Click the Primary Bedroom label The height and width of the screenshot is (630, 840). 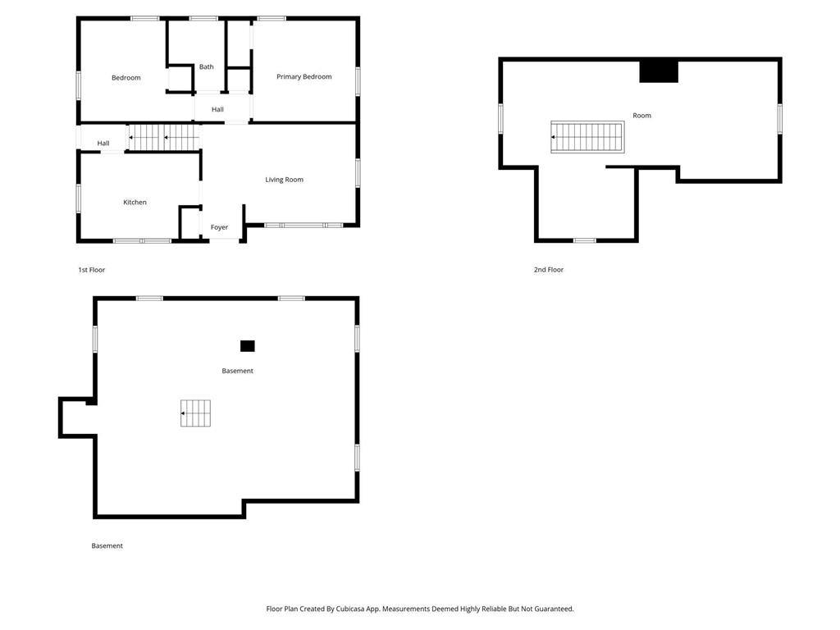point(304,76)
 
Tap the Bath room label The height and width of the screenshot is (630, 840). point(206,67)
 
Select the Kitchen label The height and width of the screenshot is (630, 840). point(135,202)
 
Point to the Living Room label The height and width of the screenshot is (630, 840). point(285,180)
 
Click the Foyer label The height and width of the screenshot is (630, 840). point(219,227)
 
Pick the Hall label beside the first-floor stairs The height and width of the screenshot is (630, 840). point(103,143)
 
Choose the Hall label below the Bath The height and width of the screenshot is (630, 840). point(217,109)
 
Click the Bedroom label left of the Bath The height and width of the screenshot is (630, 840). point(126,78)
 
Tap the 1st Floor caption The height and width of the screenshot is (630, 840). point(92,270)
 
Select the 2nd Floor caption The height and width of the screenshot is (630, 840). point(549,270)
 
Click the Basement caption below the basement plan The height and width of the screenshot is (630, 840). point(107,546)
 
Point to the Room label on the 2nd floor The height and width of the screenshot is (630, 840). point(641,115)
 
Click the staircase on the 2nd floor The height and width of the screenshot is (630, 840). point(587,137)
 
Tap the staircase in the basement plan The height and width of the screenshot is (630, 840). point(195,413)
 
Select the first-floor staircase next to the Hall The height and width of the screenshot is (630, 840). point(164,138)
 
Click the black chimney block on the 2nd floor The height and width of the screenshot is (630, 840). point(659,72)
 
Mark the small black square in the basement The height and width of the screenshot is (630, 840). point(248,346)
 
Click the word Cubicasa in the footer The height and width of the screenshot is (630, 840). point(351,609)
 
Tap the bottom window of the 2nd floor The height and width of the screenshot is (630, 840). point(585,240)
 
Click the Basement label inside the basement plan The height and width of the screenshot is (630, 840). point(237,371)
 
